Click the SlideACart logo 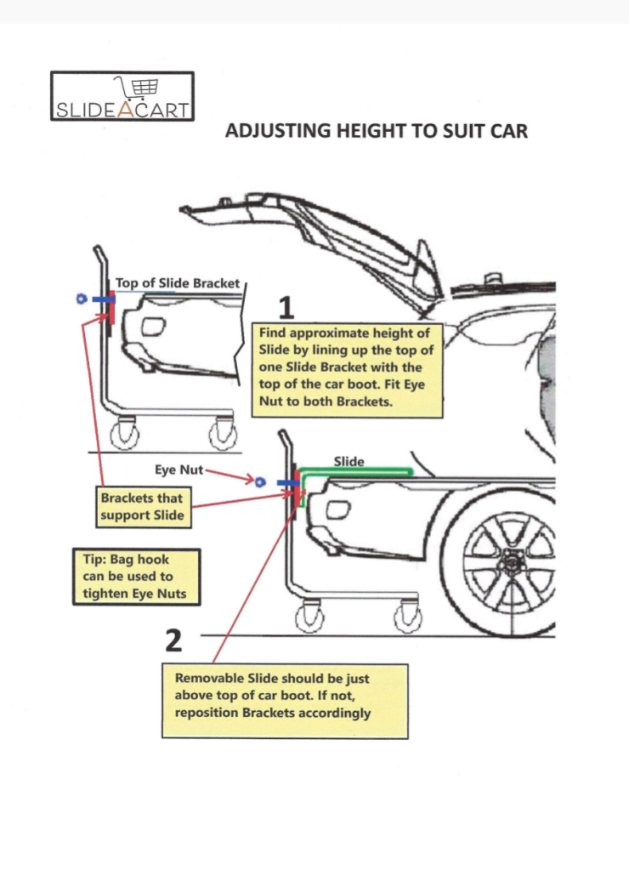[122, 96]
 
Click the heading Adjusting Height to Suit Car [377, 131]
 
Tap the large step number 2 [173, 640]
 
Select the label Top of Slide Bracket [177, 283]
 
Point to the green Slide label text [348, 461]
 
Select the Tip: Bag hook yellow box [136, 577]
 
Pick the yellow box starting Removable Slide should [285, 701]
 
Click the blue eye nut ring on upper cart [81, 299]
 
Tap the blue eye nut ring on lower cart [261, 481]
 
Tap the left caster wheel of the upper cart [127, 435]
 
